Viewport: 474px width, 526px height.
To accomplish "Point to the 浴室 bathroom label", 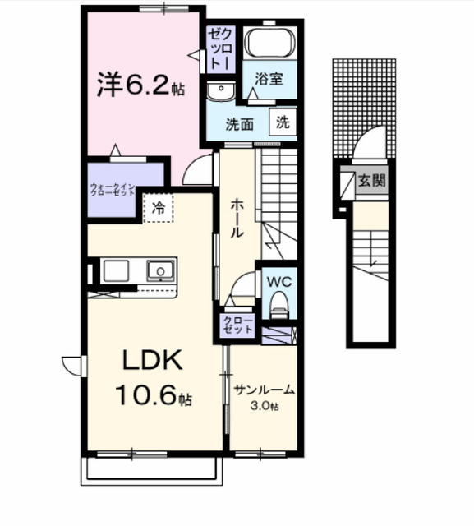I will click(269, 79).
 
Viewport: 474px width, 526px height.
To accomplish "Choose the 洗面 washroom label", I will click(241, 125).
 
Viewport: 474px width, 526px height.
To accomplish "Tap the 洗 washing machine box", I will click(283, 123).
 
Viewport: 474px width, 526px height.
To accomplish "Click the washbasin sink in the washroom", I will click(219, 91).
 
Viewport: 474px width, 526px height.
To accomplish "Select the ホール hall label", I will click(237, 218).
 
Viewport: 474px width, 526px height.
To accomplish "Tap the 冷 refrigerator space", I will click(159, 209).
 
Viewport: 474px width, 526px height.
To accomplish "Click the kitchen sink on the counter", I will click(159, 270).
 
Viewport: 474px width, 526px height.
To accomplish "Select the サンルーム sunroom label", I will click(264, 390).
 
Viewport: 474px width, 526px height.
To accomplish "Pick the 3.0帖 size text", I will click(264, 406).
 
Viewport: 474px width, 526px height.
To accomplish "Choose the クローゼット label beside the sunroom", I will click(237, 324).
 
